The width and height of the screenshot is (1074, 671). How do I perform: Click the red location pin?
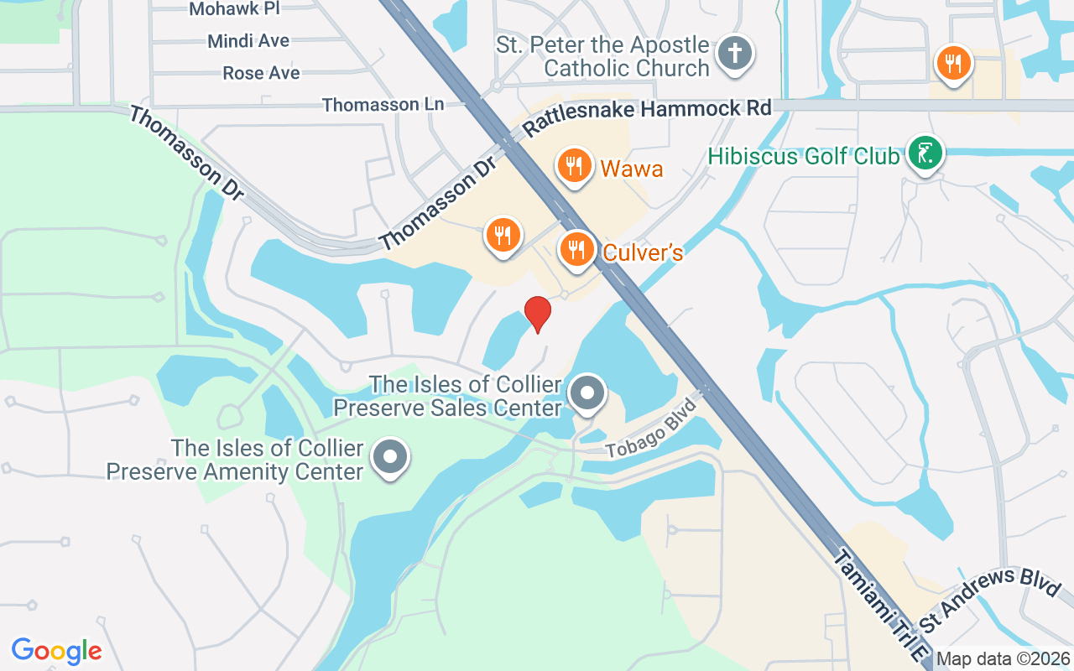538,313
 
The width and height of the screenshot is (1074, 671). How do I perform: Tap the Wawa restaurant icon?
574,165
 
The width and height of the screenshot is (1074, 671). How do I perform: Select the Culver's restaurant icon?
577,249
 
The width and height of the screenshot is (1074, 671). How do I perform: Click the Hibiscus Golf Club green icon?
924,153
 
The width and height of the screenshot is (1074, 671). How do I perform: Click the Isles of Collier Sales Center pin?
587,393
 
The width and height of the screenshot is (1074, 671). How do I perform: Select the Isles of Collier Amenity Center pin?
390,457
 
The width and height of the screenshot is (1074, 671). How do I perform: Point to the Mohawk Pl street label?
234,9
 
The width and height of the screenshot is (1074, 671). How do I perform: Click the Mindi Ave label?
248,41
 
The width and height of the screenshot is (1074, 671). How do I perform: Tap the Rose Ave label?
261,74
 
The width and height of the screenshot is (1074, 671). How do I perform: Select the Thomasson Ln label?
383,105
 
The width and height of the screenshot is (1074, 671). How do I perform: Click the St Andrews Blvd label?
990,603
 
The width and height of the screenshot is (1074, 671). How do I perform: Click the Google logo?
57,651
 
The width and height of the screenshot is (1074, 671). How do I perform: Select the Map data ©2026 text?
1003,659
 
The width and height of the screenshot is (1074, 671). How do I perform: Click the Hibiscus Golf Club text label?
804,156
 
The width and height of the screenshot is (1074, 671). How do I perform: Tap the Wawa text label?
632,169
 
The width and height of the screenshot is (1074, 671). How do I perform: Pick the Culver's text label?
644,252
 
